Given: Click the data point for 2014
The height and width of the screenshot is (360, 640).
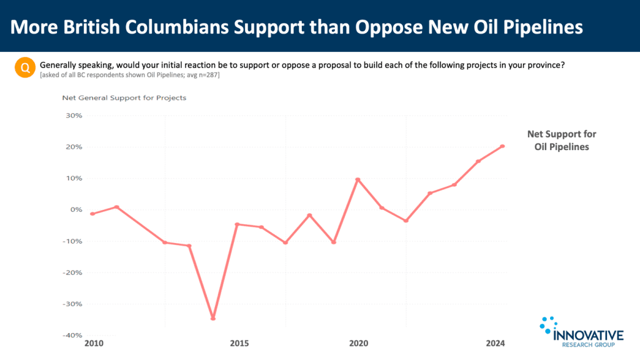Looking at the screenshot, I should coord(213,318).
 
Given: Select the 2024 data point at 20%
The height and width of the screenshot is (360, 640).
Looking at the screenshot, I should coord(502,146).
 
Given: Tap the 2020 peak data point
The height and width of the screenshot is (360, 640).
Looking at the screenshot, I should coord(357,179).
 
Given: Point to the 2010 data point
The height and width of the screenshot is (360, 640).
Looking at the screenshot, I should coord(92,214).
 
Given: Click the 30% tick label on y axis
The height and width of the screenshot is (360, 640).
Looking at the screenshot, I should coord(74,116).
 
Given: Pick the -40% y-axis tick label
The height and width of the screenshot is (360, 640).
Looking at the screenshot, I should coord(72,336).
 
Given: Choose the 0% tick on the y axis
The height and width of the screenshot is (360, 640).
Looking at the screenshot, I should coord(76,210).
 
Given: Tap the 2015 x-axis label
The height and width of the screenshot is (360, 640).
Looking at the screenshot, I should coord(239,343).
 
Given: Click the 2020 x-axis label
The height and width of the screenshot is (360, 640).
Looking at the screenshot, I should coord(359,343).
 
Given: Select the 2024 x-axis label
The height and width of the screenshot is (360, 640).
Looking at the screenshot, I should coord(495,343).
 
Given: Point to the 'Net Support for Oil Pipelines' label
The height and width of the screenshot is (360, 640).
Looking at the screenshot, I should coord(561,141).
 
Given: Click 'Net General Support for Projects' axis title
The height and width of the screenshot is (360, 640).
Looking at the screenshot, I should coord(124,97).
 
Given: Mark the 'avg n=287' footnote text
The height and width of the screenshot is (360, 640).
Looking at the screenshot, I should coord(200,76).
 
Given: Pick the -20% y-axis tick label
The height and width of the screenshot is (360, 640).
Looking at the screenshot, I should coord(72,272).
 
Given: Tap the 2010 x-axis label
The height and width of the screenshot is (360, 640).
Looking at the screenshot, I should coord(93,343).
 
